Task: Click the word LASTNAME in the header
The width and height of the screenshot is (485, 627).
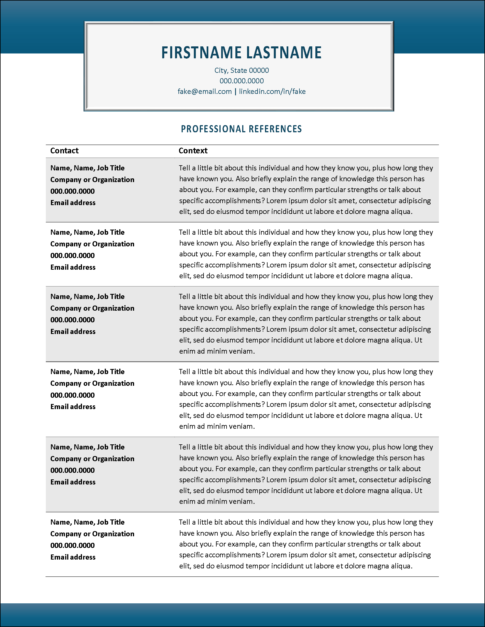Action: [x=284, y=53]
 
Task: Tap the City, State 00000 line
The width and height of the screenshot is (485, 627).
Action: [x=241, y=70]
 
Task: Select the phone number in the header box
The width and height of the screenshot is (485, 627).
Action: [x=241, y=81]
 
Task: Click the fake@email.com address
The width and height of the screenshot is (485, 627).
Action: [x=204, y=92]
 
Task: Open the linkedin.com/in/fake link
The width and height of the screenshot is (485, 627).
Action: [x=272, y=92]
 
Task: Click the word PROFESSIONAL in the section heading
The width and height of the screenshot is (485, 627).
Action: [x=213, y=129]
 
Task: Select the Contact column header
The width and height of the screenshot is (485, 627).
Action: [x=64, y=151]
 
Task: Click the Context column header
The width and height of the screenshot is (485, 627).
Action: [x=193, y=151]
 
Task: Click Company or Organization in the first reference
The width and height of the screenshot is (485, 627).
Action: [x=92, y=180]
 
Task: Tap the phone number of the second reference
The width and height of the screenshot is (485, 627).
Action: [x=72, y=255]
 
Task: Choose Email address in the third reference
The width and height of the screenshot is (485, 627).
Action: [x=73, y=332]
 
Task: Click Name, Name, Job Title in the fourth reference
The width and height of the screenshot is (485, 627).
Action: [x=87, y=372]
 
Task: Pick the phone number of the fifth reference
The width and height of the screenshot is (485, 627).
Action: [x=72, y=470]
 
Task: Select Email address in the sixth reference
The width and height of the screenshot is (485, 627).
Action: [x=73, y=557]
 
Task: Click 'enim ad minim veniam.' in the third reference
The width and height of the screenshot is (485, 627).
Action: [x=217, y=351]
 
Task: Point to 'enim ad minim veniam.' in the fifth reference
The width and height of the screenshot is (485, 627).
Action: [x=217, y=502]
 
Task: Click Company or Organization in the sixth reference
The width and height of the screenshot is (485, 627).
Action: [x=92, y=534]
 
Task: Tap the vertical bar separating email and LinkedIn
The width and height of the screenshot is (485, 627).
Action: [x=235, y=92]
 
